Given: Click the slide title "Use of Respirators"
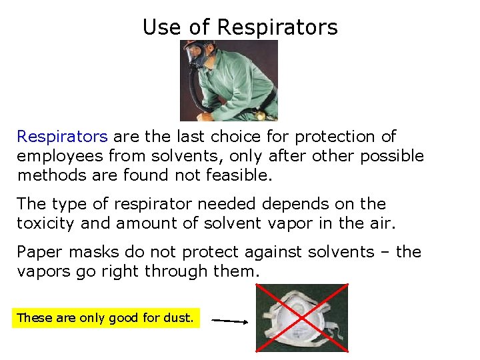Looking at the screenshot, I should (x=240, y=27).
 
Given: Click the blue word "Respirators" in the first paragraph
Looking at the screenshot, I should (x=62, y=137).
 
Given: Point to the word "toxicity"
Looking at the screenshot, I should (x=45, y=223).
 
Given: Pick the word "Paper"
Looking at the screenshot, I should (x=38, y=252).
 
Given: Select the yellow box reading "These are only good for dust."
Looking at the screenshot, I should (x=105, y=318).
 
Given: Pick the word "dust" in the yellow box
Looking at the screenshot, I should (x=179, y=318).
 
